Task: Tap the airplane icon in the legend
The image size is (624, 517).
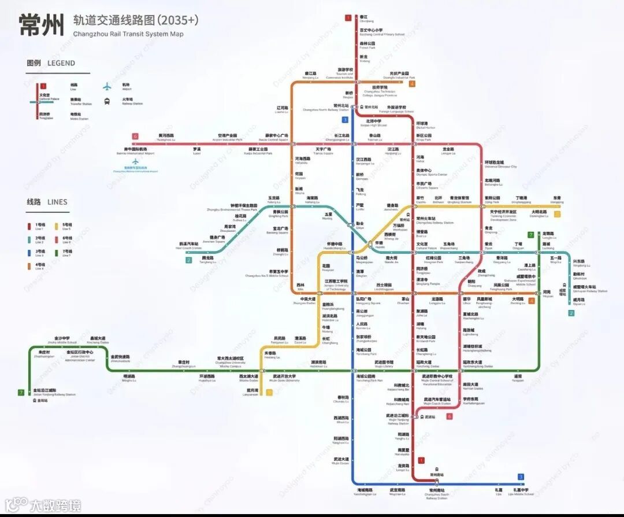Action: pyautogui.click(x=107, y=87)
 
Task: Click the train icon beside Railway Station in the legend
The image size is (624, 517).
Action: pyautogui.click(x=107, y=102)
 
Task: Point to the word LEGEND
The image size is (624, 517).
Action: pyautogui.click(x=61, y=63)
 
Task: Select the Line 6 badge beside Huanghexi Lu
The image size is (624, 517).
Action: pyautogui.click(x=135, y=137)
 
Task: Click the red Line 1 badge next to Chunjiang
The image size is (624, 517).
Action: pyautogui.click(x=348, y=18)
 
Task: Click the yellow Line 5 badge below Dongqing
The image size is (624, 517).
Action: pyautogui.click(x=557, y=214)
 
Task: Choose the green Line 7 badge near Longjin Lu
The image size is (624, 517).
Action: pyautogui.click(x=530, y=235)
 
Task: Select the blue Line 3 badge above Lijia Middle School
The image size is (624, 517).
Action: pyautogui.click(x=521, y=477)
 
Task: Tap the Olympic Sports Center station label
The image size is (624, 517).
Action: pyautogui.click(x=432, y=172)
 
